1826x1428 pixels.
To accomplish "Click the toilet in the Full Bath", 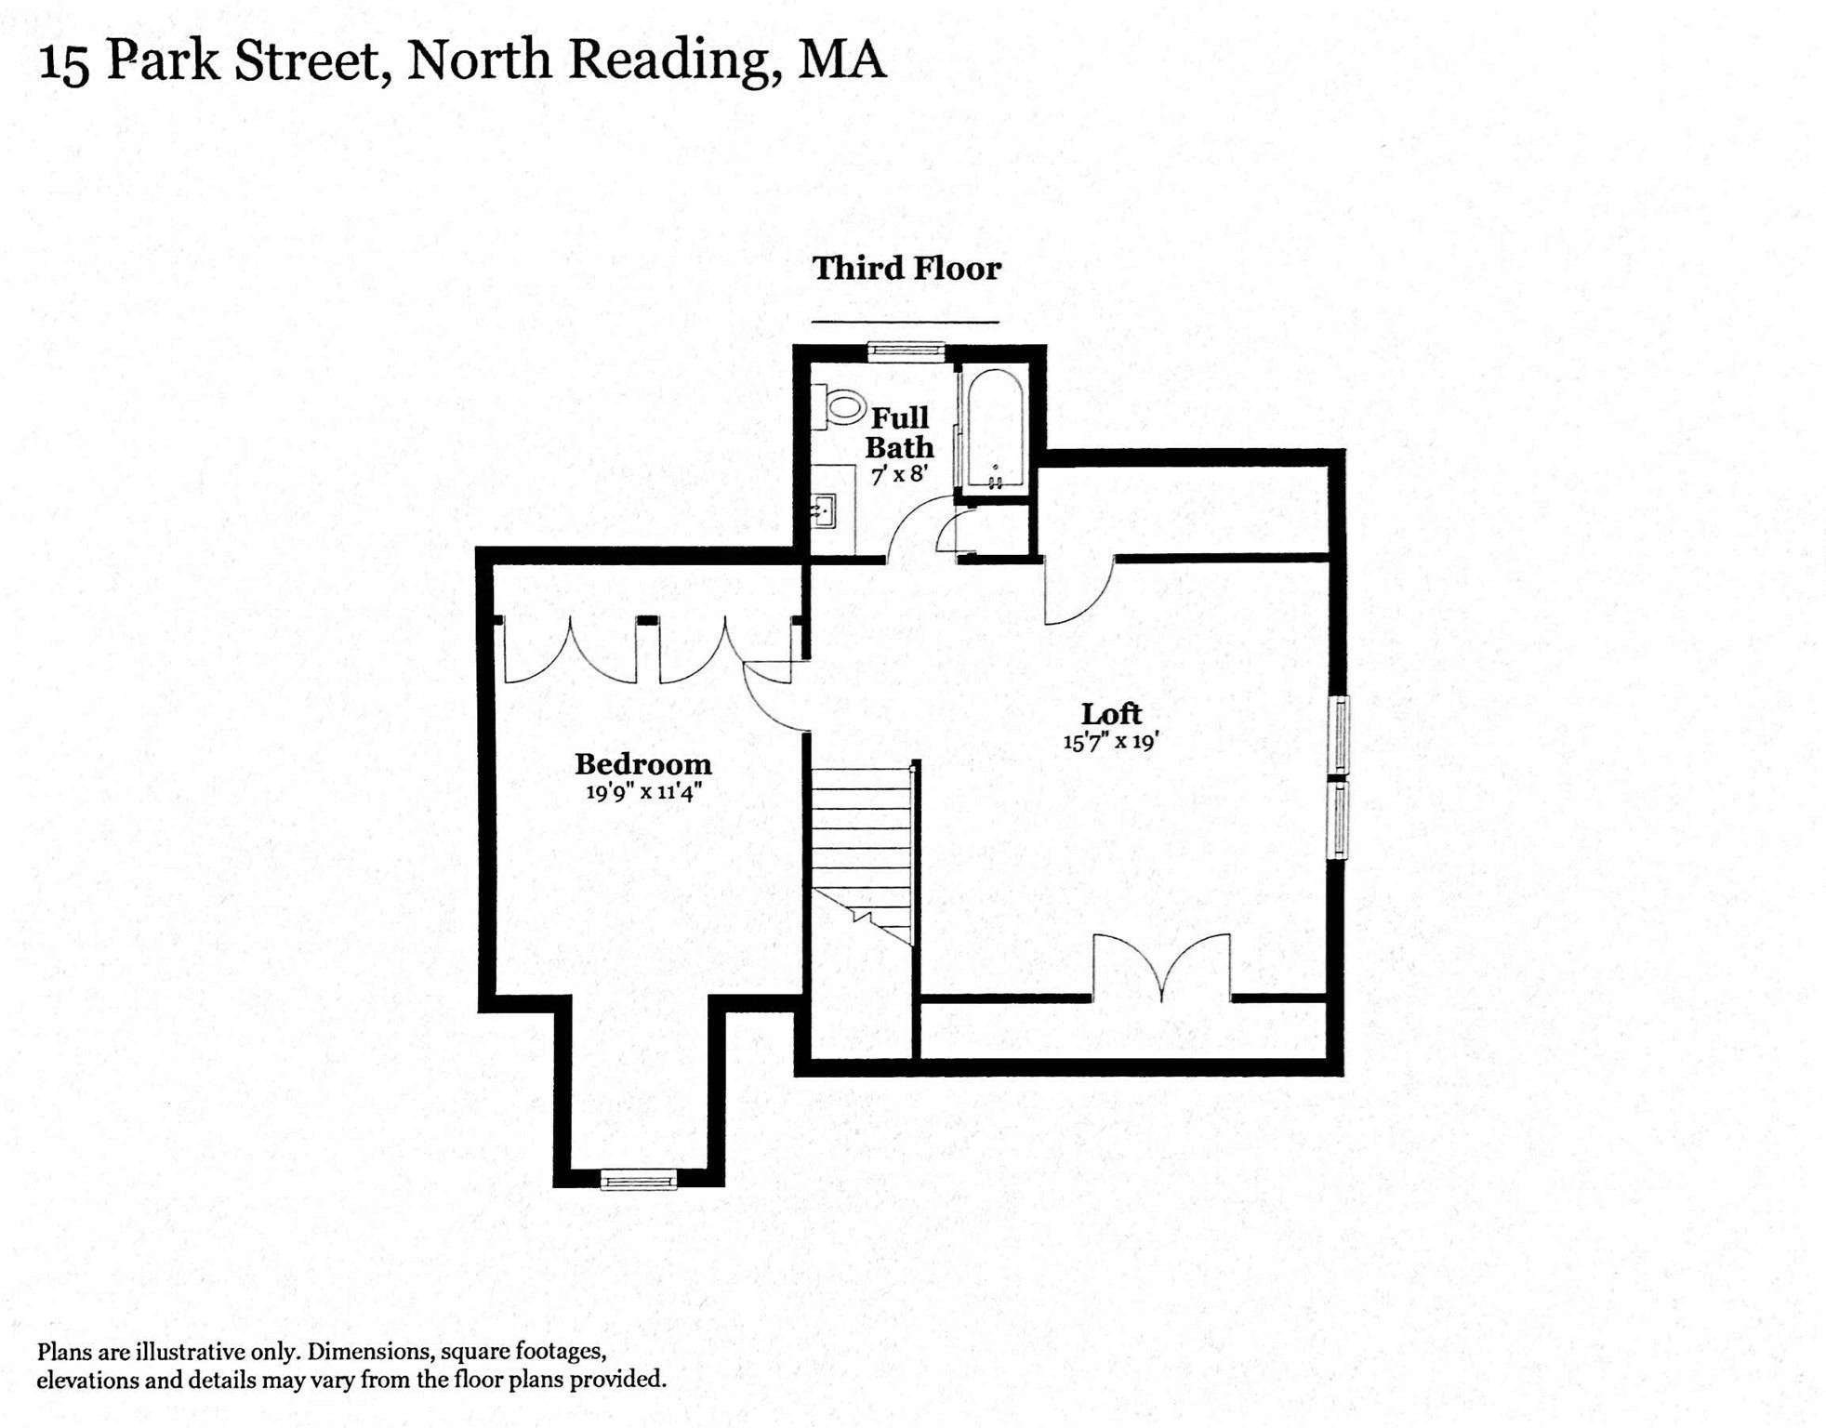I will point(840,406).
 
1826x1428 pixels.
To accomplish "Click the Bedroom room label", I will point(642,764).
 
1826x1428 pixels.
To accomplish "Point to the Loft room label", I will point(1111,714).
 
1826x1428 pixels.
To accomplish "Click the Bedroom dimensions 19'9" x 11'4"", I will point(642,792).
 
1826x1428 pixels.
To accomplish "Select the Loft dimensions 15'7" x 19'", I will point(1111,742).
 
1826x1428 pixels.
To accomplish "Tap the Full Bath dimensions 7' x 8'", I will point(899,474).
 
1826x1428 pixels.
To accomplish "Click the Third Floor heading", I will point(906,269).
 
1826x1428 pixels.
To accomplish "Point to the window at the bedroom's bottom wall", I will point(638,1180).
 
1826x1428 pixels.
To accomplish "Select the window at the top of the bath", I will point(906,350).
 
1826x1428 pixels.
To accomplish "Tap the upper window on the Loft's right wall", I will point(1339,734).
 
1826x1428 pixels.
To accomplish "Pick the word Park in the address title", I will point(163,60).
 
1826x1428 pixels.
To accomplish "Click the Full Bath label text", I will point(899,432).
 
